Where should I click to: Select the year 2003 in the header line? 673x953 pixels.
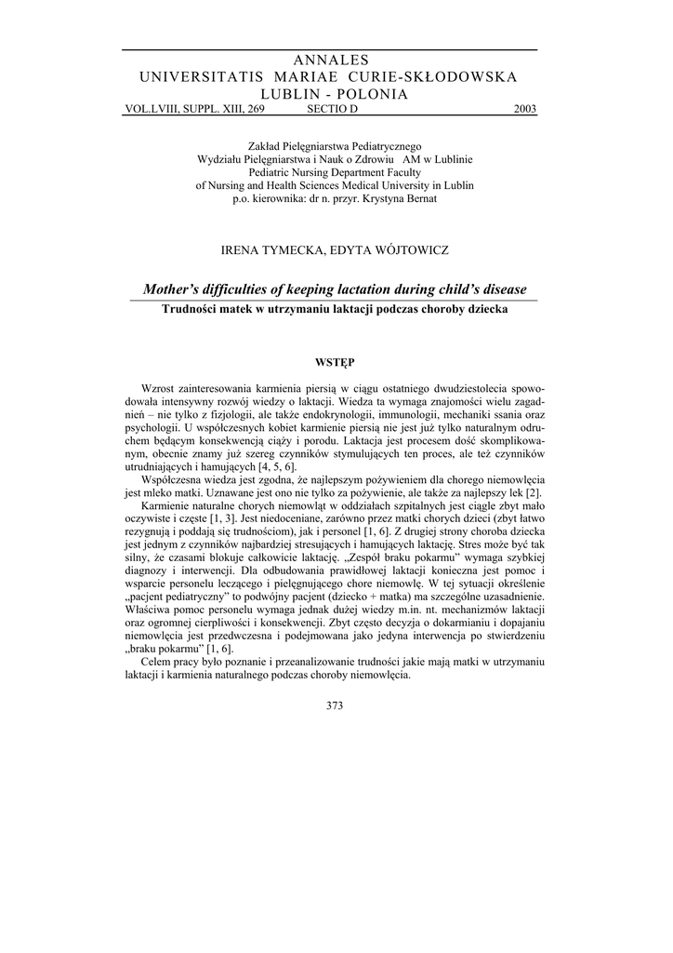coord(524,109)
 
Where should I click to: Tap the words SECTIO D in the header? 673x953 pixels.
coord(331,109)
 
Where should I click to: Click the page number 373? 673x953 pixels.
coord(336,705)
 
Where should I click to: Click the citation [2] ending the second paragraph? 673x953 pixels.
coord(534,491)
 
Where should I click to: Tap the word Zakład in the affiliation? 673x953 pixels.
coord(265,146)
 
